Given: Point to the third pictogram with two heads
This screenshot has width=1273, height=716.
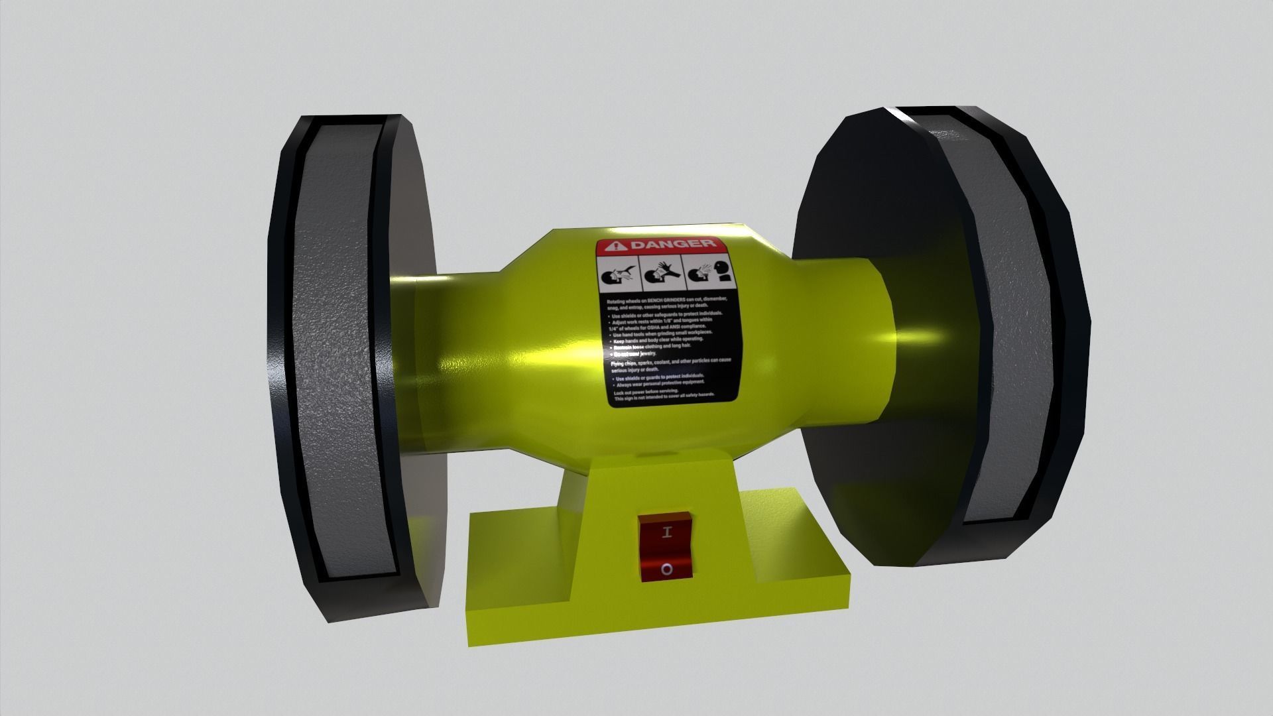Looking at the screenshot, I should pos(709,272).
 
